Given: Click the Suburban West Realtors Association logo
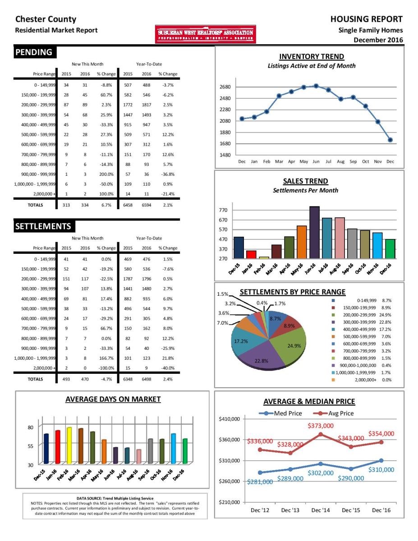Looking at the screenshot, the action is tap(205, 34).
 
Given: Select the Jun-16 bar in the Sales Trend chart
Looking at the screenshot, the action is tap(314, 232).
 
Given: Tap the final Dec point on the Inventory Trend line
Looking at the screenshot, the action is tap(390, 140).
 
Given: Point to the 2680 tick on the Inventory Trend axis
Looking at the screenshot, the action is tap(225, 87).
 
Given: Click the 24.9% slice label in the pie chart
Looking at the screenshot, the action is tap(294, 346).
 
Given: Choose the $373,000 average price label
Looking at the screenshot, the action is tap(321, 426).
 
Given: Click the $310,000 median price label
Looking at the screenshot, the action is tap(381, 470).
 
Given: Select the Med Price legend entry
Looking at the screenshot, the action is tap(280, 413).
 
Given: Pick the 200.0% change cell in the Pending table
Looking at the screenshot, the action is tap(106, 174).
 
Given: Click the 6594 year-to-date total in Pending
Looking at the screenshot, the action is tap(147, 205).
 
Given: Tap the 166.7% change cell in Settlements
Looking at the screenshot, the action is tap(107, 358).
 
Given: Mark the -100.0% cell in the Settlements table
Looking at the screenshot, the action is tap(106, 368).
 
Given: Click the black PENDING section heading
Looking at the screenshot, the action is tap(35, 52).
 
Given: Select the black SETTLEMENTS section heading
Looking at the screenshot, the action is tap(44, 226).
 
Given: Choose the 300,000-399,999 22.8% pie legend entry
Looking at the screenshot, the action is tap(362, 322).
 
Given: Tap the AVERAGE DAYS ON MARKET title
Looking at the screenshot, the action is tap(113, 399).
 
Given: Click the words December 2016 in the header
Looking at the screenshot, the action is tap(378, 40).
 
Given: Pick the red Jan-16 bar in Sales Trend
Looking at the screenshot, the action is tap(252, 254).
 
